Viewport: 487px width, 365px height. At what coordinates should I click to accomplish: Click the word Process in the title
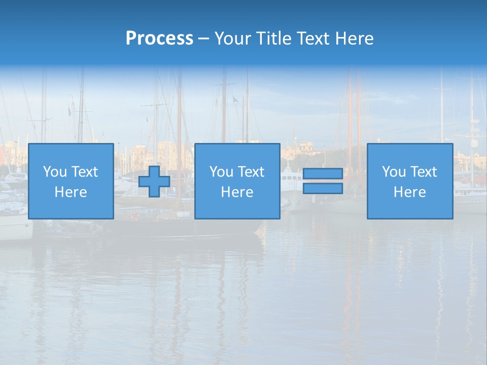pos(159,39)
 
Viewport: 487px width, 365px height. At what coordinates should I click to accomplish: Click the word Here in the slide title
pos(355,39)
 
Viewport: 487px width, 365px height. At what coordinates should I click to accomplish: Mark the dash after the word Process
pos(203,40)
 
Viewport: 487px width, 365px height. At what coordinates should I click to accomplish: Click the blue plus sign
pos(154,181)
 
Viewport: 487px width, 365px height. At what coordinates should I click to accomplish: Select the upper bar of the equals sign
pos(323,173)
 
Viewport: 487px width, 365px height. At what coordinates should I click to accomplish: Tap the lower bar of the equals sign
pos(323,189)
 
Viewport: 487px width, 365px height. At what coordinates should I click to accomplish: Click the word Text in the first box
pos(84,172)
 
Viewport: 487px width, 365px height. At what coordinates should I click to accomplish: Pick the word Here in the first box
pos(71,192)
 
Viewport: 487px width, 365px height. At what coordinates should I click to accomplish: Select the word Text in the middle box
pos(251,172)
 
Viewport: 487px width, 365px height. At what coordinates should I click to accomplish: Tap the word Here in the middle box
pos(237,192)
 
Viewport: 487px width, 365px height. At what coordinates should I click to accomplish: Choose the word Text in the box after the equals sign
pos(423,172)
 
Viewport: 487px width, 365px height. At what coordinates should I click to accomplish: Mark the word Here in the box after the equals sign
pos(409,192)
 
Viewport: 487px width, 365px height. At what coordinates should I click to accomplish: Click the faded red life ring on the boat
pos(134,215)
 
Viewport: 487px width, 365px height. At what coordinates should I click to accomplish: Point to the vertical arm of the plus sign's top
pos(154,171)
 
